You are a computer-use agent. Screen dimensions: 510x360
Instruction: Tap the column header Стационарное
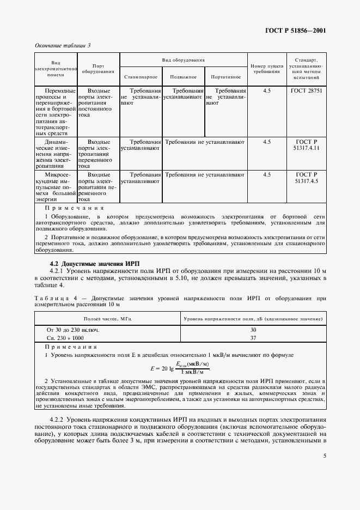point(141,77)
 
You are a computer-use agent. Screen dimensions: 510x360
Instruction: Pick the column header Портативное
point(225,77)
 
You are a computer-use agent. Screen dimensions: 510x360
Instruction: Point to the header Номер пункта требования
point(266,68)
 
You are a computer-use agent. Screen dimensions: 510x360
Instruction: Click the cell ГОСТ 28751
point(307,90)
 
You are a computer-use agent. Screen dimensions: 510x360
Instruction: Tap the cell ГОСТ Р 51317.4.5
point(307,177)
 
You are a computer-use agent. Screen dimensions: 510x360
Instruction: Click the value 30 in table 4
point(253,330)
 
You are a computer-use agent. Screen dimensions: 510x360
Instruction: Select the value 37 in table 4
point(253,338)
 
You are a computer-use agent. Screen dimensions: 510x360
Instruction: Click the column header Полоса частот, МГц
point(107,318)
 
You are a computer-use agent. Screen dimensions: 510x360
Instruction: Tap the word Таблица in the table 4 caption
point(52,298)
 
